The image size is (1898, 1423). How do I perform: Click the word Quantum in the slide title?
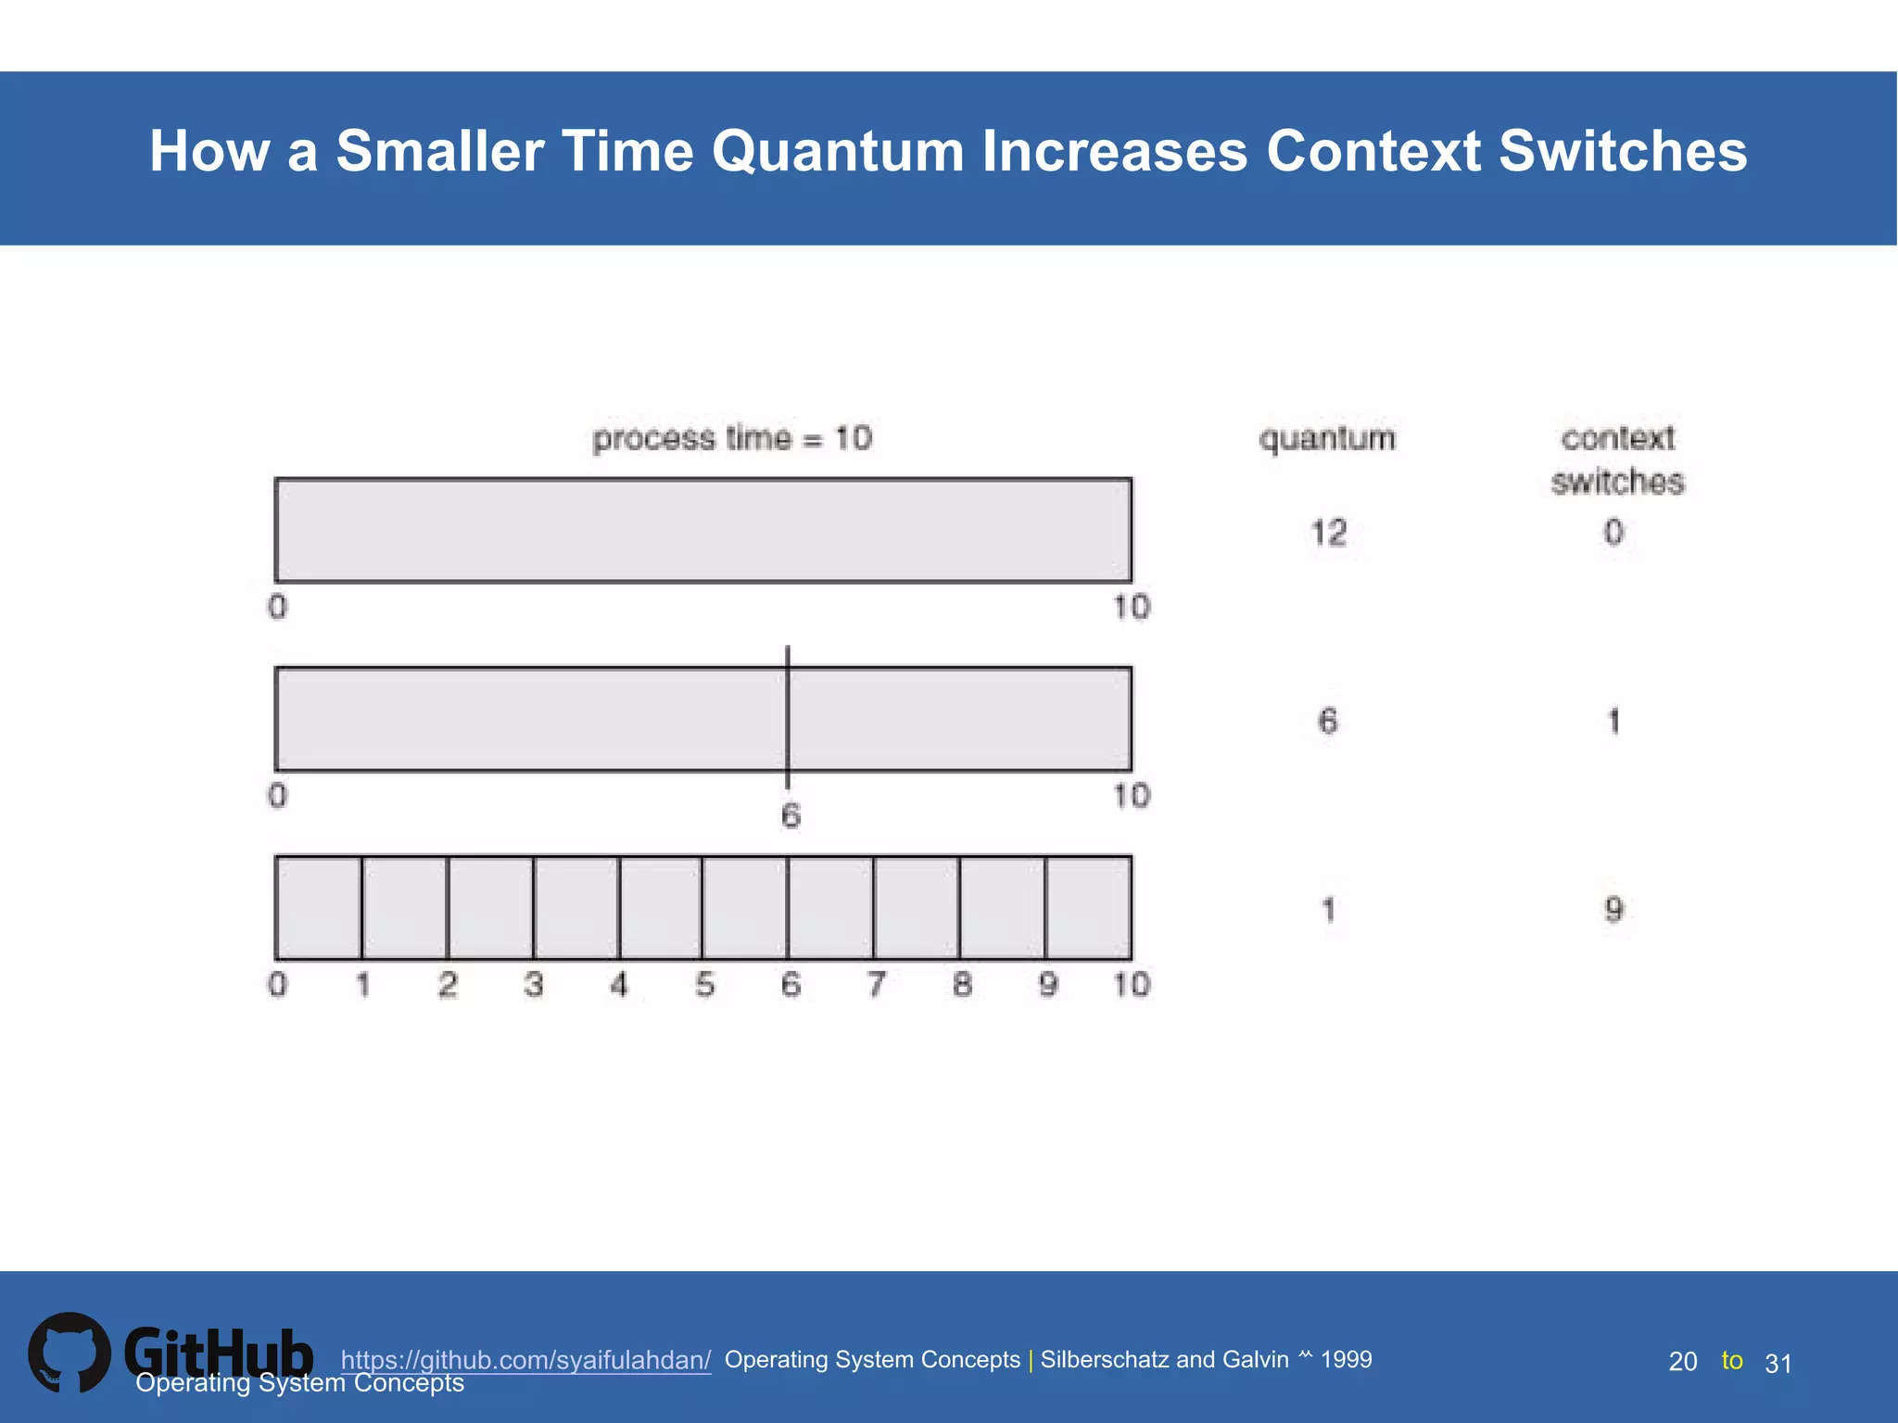click(838, 151)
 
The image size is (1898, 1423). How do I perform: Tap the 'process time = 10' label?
click(732, 438)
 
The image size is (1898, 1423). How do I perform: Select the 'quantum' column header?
click(1327, 438)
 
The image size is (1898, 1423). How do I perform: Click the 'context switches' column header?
click(1617, 460)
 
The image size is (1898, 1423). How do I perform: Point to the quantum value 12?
click(1328, 533)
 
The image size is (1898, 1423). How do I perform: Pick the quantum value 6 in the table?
click(1328, 721)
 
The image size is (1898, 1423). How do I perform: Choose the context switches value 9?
click(1613, 910)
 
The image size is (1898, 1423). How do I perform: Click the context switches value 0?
click(1613, 533)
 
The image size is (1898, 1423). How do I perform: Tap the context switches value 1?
click(1613, 721)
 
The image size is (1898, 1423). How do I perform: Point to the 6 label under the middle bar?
click(790, 816)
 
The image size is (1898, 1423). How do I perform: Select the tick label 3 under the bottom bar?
click(534, 984)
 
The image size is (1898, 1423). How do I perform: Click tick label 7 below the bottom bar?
click(876, 984)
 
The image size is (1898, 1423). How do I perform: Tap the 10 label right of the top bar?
click(1132, 608)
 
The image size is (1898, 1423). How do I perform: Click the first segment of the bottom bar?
click(319, 908)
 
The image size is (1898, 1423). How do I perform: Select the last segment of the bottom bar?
click(1088, 908)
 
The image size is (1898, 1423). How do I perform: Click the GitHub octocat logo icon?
click(70, 1353)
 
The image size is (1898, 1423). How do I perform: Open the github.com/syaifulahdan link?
click(525, 1360)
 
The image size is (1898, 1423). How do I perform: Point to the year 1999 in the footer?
click(1346, 1359)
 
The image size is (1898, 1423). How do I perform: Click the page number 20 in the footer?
click(1682, 1362)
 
